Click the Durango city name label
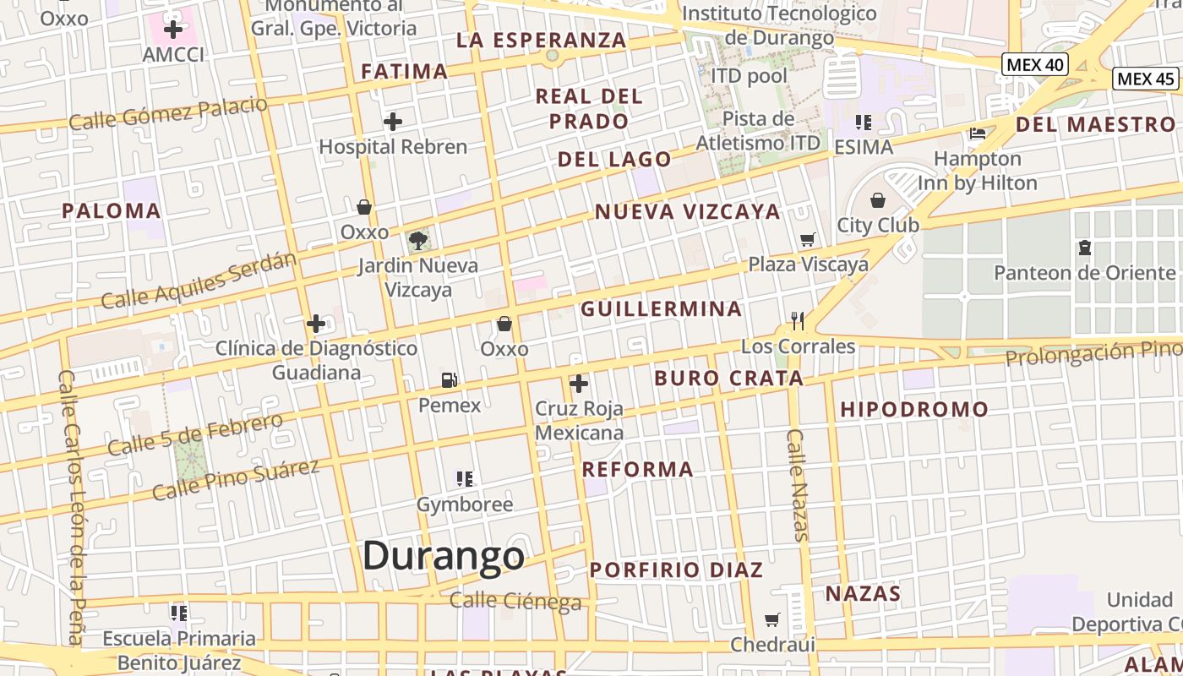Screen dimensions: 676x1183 pyautogui.click(x=444, y=556)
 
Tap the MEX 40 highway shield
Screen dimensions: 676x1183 pyautogui.click(x=1035, y=64)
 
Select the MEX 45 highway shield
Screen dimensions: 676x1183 pyautogui.click(x=1146, y=79)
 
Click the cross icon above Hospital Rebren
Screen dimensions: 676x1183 pyautogui.click(x=393, y=122)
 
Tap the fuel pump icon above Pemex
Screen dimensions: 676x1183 pyautogui.click(x=450, y=380)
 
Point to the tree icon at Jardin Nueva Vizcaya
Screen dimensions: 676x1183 pyautogui.click(x=417, y=241)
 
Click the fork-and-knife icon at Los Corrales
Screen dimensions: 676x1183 pyautogui.click(x=798, y=320)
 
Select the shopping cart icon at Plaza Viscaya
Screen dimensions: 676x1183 pyautogui.click(x=808, y=240)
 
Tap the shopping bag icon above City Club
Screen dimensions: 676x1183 pyautogui.click(x=878, y=200)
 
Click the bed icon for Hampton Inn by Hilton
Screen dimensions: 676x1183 pyautogui.click(x=978, y=134)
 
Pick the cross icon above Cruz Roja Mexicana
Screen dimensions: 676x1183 pyautogui.click(x=579, y=384)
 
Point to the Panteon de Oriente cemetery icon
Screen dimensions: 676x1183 pyautogui.click(x=1084, y=248)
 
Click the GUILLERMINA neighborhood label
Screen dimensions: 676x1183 pyautogui.click(x=661, y=309)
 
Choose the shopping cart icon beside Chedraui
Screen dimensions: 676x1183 pyautogui.click(x=771, y=620)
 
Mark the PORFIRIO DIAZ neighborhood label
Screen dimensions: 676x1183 pyautogui.click(x=676, y=570)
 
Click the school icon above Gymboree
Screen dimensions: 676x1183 pyautogui.click(x=465, y=479)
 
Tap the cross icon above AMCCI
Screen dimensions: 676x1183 pyautogui.click(x=173, y=30)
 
